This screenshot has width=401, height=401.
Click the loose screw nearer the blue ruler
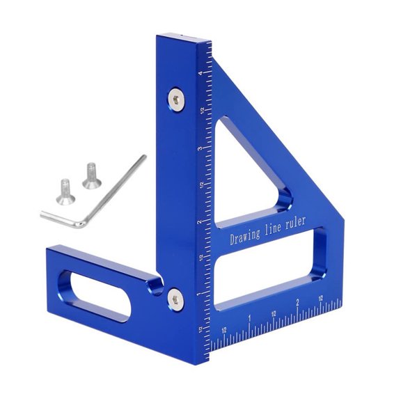[x=91, y=175]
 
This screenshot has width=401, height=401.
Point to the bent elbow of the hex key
[x=83, y=223]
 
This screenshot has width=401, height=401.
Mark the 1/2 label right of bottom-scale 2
[x=321, y=297]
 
